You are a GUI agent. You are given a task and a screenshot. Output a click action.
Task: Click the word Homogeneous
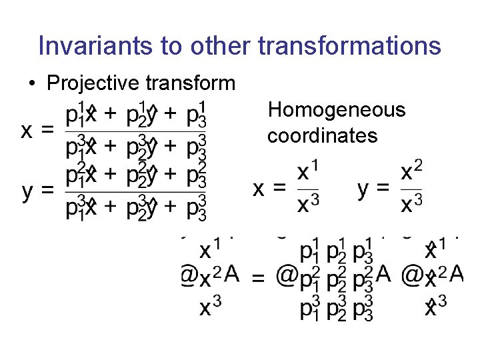(336, 110)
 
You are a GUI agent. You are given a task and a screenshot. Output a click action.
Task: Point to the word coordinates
(322, 136)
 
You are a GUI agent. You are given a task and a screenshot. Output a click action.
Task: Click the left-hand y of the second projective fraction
(27, 192)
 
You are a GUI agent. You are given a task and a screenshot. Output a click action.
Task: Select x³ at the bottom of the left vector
(210, 308)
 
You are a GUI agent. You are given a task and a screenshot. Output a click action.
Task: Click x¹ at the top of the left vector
(210, 251)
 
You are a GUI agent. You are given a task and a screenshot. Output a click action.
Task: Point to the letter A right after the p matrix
(383, 274)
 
